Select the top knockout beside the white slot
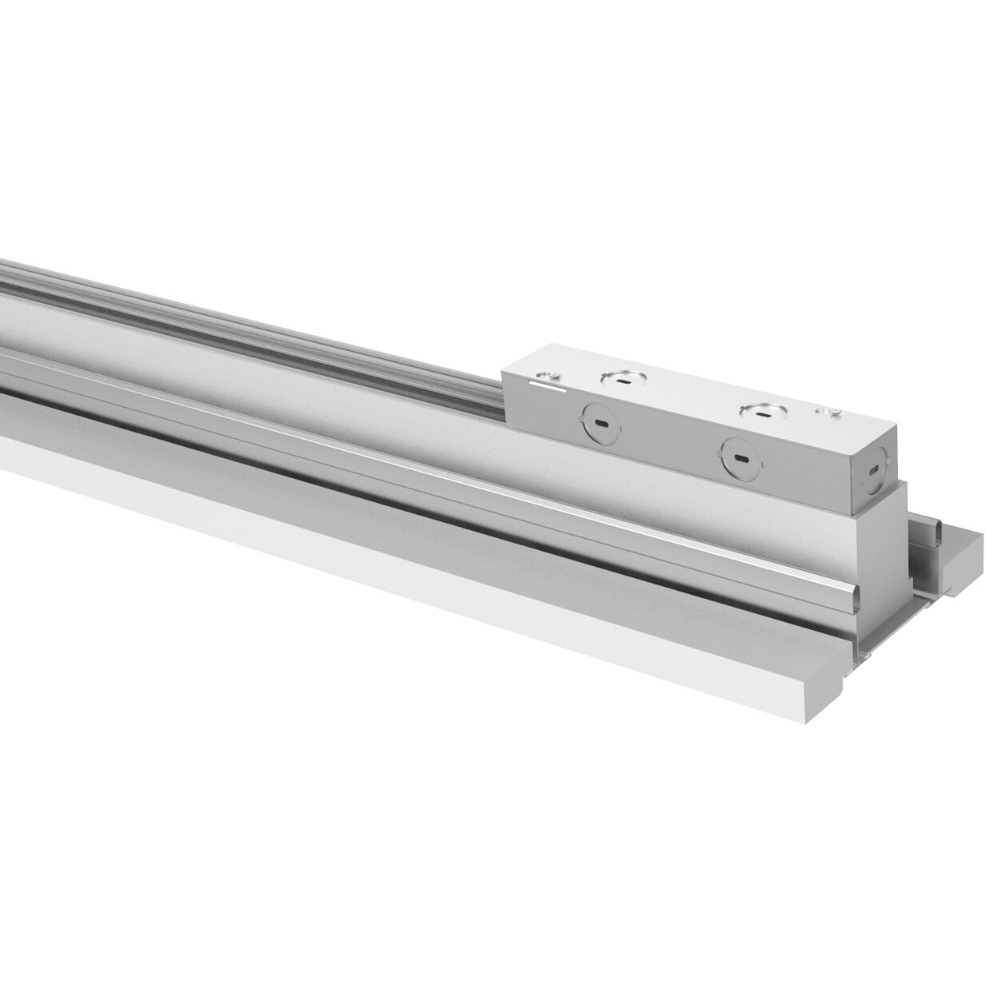(x=621, y=381)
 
